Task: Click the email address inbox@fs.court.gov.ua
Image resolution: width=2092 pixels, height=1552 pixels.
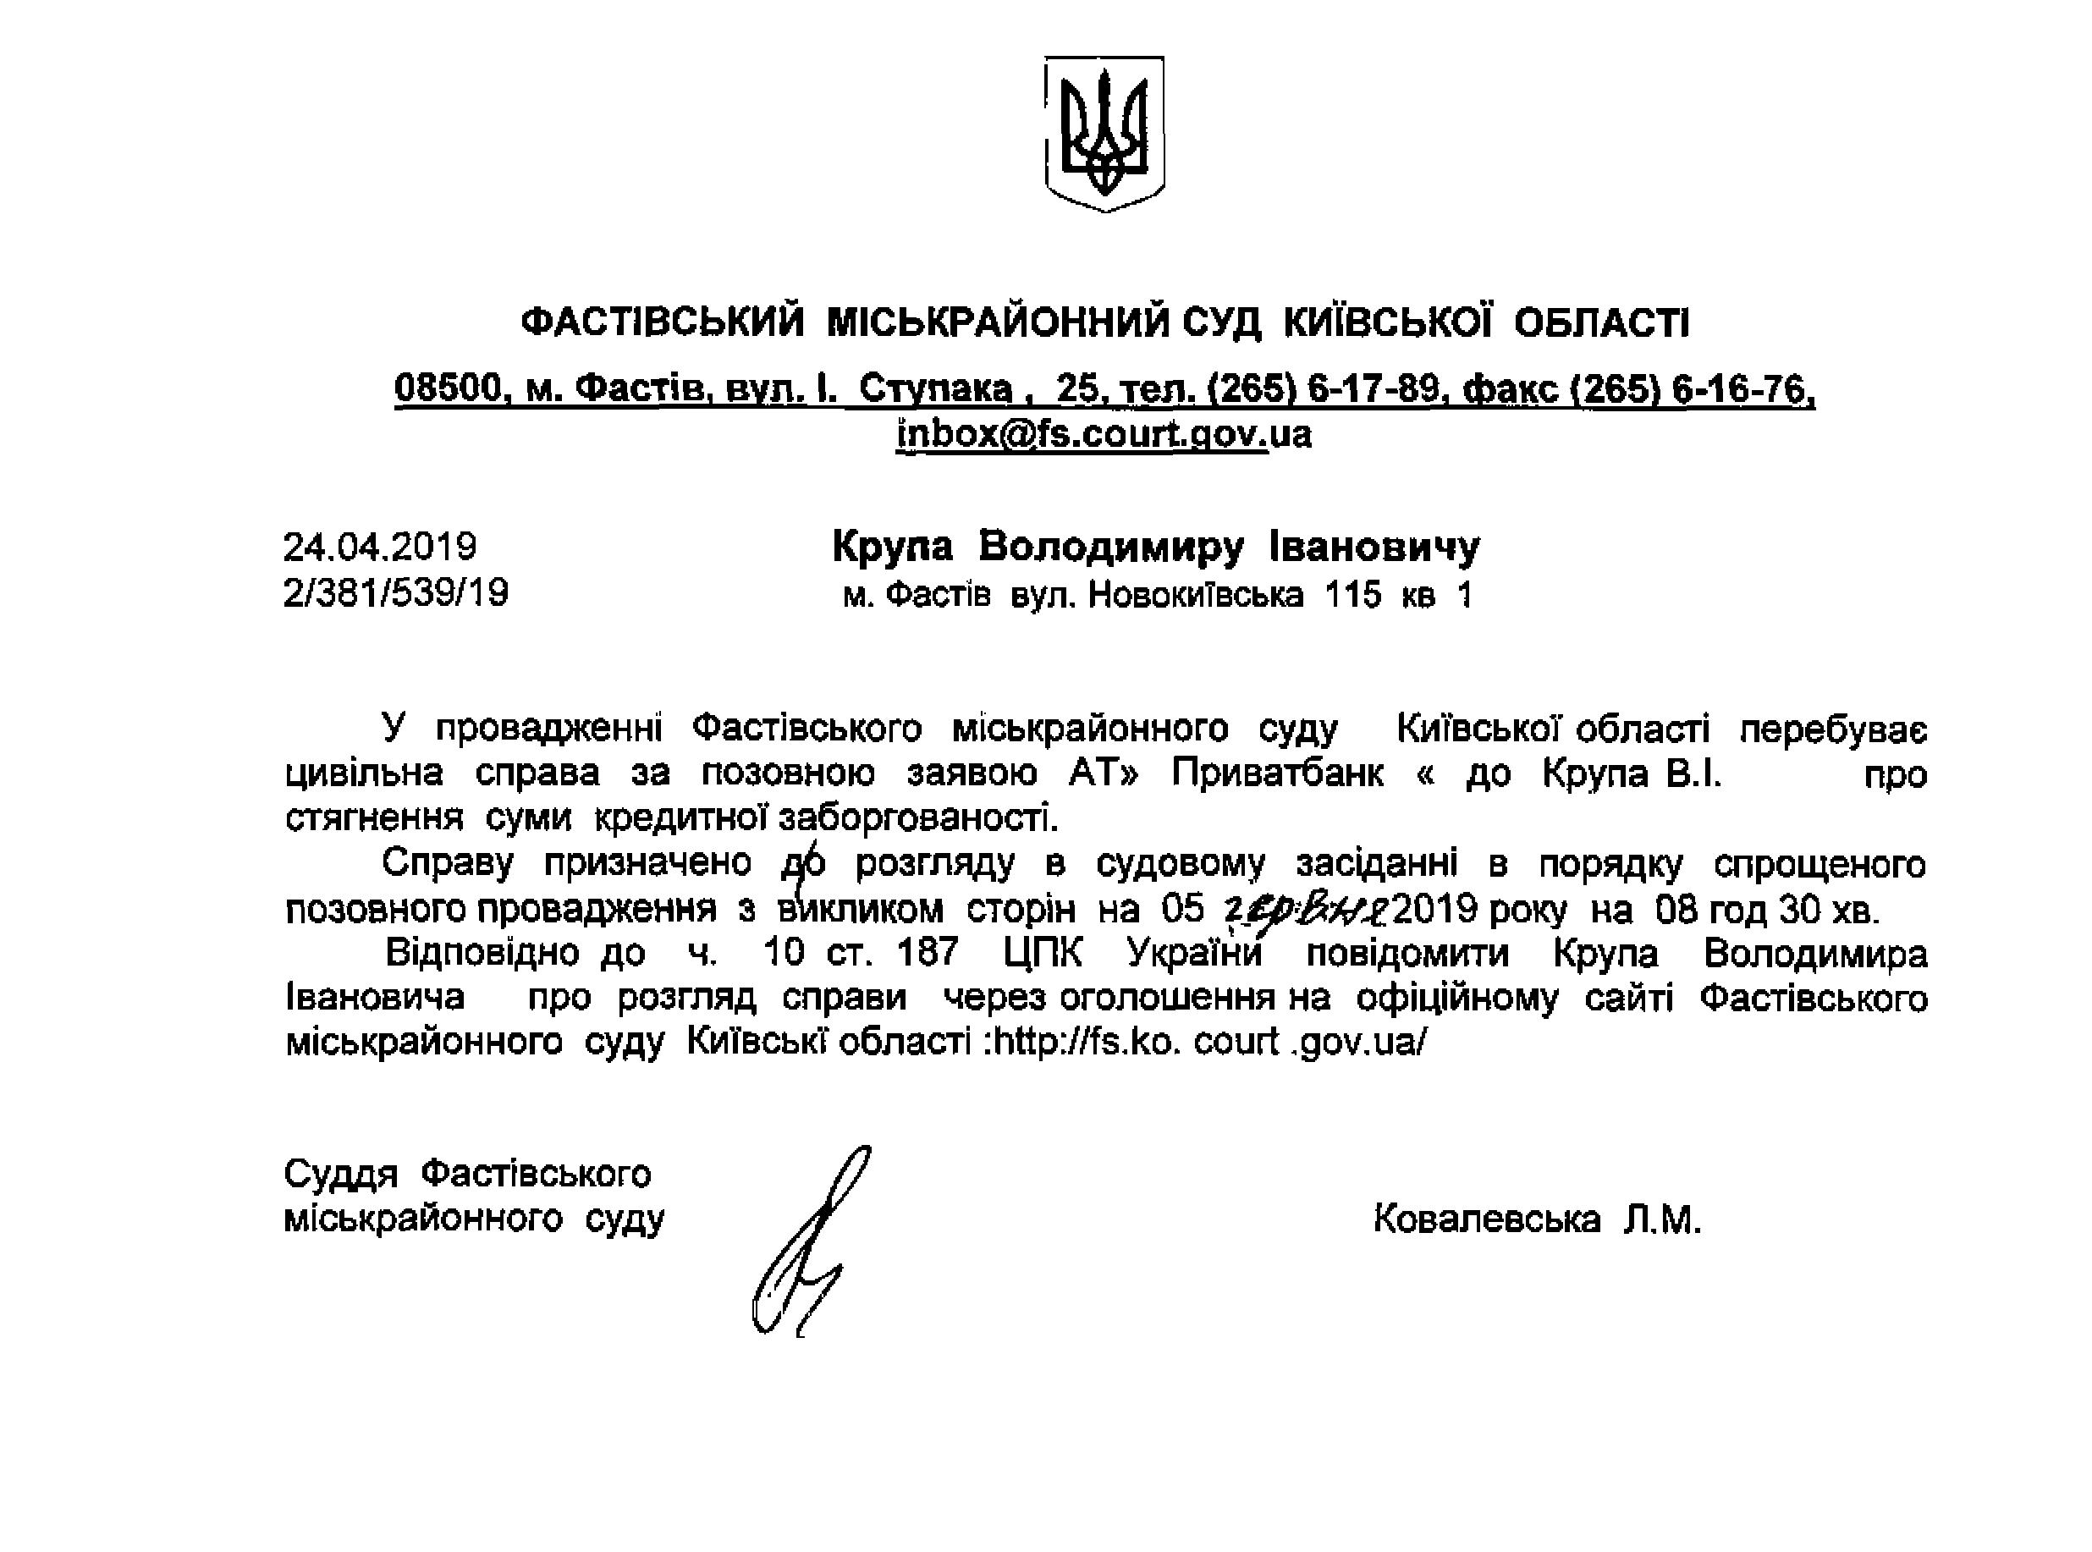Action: pos(1104,435)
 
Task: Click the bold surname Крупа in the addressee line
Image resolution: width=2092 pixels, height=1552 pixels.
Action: pos(893,547)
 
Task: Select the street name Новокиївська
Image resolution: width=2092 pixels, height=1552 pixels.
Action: pos(1195,595)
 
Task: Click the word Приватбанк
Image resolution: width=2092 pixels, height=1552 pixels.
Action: pos(1277,773)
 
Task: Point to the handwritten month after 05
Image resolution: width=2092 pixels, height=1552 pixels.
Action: pos(1306,909)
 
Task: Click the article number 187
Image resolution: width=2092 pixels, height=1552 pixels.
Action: pos(928,953)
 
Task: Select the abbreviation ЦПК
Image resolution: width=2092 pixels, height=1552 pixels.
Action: pos(1042,953)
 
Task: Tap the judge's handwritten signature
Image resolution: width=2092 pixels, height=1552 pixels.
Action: pos(808,1240)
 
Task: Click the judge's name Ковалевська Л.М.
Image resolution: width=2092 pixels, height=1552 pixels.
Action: pos(1537,1219)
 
